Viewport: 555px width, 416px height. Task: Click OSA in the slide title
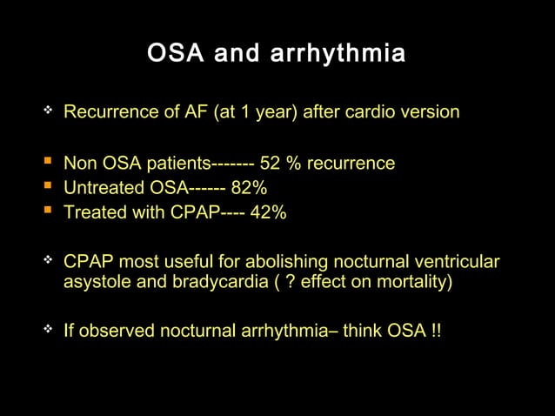click(x=174, y=55)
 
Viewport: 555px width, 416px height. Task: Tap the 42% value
click(x=268, y=212)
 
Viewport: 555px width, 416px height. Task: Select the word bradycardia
click(x=206, y=283)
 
